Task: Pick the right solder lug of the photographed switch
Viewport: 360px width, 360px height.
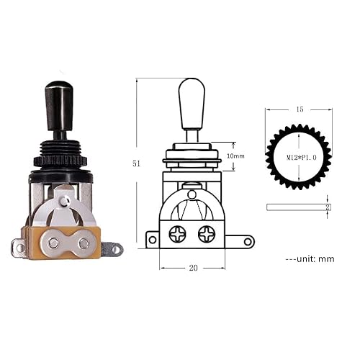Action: [112, 249]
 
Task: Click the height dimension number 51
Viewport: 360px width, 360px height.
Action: [136, 163]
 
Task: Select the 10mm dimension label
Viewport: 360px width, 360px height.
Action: [235, 156]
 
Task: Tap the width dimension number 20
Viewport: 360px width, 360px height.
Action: [193, 267]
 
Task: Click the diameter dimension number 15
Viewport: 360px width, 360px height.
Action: [300, 109]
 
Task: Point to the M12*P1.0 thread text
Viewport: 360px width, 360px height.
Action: [299, 157]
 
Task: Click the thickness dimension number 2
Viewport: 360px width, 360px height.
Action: [328, 207]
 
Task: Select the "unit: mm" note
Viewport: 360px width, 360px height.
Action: [310, 258]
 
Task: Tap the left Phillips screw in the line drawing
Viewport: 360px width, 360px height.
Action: [177, 233]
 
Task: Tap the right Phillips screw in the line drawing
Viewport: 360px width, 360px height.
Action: [207, 233]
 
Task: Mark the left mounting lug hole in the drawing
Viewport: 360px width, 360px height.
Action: [153, 240]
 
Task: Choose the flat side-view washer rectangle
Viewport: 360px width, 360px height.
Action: [297, 207]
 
